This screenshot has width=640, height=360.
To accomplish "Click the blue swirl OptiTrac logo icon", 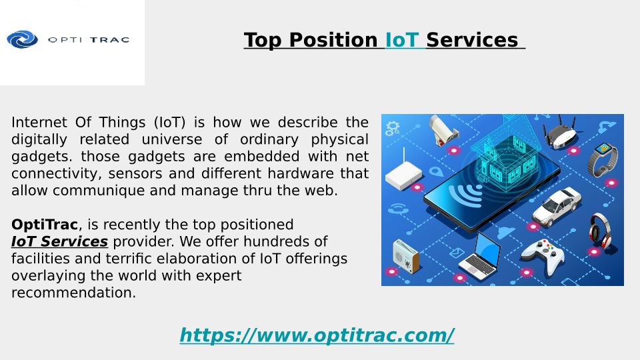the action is pyautogui.click(x=23, y=39).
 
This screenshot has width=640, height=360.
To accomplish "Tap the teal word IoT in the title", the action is pyautogui.click(x=402, y=40).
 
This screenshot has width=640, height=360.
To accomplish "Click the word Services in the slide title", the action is pyautogui.click(x=472, y=40).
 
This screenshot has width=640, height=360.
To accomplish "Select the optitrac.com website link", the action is pyautogui.click(x=317, y=335).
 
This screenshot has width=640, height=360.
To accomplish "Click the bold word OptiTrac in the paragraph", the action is pyautogui.click(x=45, y=225).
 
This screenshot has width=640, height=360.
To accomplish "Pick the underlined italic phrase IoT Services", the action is pyautogui.click(x=59, y=241).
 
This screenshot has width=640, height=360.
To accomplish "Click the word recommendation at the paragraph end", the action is pyautogui.click(x=73, y=292).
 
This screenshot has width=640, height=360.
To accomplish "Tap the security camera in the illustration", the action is pyautogui.click(x=443, y=130).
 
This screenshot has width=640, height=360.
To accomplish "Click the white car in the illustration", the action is pyautogui.click(x=557, y=206).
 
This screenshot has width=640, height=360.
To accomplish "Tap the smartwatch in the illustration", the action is pyautogui.click(x=603, y=159).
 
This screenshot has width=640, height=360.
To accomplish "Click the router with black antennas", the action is pyautogui.click(x=560, y=132).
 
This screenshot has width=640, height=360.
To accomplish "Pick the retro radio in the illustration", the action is pyautogui.click(x=406, y=256).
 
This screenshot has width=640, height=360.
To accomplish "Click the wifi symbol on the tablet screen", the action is pyautogui.click(x=465, y=193).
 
